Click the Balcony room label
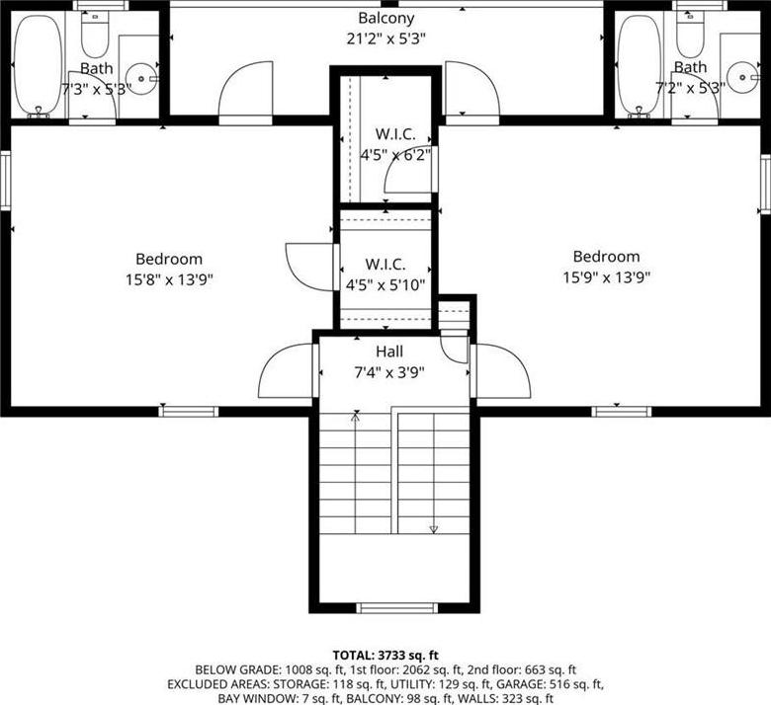tap(385, 18)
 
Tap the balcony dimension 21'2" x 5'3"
tap(385, 39)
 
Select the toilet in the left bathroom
tap(95, 34)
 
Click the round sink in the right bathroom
tap(742, 77)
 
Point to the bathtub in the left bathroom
tap(38, 66)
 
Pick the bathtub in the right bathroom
tap(640, 66)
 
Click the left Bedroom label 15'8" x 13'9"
tap(169, 270)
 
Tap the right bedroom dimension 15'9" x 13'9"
tap(606, 277)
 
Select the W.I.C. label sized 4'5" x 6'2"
tap(395, 144)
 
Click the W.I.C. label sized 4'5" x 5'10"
tap(385, 274)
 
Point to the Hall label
tap(389, 352)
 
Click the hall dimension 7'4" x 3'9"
tap(389, 373)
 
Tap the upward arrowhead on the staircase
tap(355, 417)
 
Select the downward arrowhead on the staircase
tap(433, 529)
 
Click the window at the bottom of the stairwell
tap(396, 608)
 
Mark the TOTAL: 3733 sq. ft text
tap(385, 655)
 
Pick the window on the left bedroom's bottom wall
tap(189, 411)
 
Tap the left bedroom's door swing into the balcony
tap(245, 93)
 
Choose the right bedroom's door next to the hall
tap(501, 370)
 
